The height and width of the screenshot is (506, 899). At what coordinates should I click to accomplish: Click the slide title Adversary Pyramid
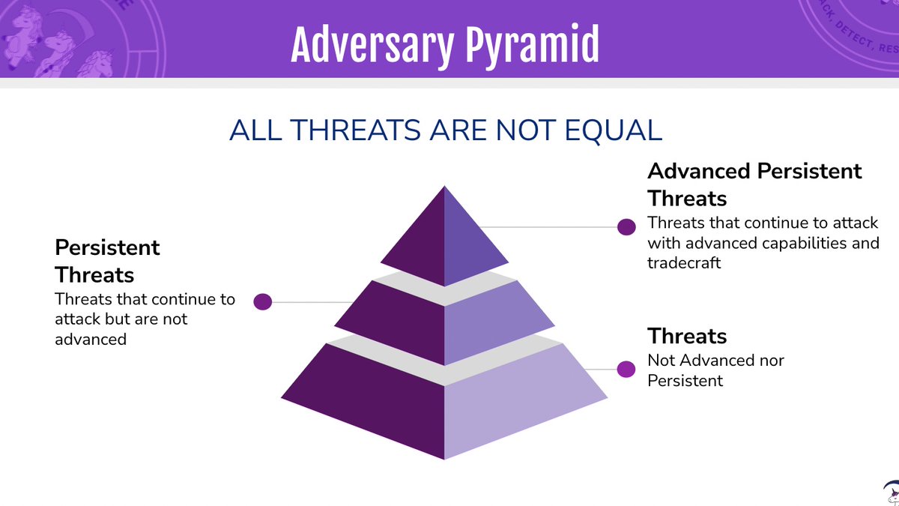pos(445,45)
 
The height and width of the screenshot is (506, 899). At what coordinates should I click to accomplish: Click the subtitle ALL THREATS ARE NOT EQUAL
pos(446,130)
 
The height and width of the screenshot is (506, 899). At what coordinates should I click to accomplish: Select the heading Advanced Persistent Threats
pos(754,184)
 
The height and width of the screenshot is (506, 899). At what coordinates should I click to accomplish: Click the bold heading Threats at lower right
pos(687,335)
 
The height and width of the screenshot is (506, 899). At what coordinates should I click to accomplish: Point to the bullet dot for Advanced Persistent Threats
pos(626,227)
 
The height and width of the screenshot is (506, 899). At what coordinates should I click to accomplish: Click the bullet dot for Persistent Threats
pos(262,302)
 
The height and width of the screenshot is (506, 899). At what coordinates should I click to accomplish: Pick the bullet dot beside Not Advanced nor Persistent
pos(626,369)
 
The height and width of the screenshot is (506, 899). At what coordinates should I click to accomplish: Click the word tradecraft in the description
pos(684,263)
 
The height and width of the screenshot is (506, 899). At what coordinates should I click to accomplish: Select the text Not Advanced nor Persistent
pos(715,370)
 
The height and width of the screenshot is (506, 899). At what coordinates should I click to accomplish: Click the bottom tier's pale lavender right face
pos(517,409)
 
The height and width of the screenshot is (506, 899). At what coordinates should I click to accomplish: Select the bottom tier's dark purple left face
pos(375,405)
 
